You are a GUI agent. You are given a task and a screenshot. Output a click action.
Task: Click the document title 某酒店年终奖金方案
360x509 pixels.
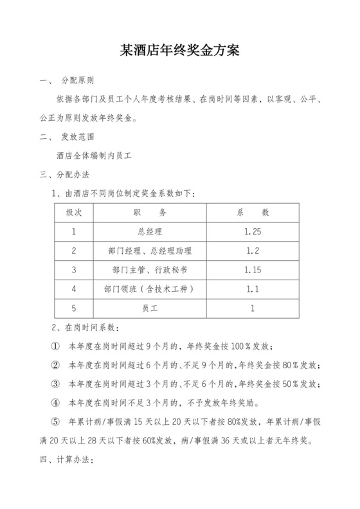coord(179,51)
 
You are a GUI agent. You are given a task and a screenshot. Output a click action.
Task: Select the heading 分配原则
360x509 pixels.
coord(78,82)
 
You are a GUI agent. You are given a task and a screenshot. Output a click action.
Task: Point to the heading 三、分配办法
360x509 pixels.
coord(65,174)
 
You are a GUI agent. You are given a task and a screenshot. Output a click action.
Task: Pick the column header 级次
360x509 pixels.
coord(75,212)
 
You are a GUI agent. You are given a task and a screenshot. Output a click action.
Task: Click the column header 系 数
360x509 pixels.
coord(253,212)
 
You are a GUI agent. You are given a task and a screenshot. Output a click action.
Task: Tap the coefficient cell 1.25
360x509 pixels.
coord(253,231)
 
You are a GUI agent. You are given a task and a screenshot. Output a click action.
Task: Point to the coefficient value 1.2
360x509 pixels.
coord(253,251)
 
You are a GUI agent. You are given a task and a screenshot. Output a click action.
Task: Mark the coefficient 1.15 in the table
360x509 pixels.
coord(253,270)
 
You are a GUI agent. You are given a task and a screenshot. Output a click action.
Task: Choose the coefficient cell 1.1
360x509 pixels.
coord(253,289)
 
